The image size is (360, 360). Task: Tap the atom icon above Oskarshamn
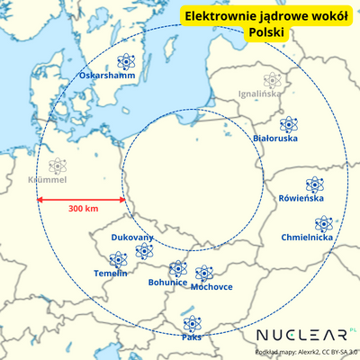point(125,62)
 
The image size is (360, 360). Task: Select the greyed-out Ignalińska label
point(259,93)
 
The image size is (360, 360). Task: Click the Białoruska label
point(275,139)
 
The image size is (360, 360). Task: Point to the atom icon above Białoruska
point(288,124)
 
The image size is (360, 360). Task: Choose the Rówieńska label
point(301,197)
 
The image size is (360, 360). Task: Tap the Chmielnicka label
point(306,238)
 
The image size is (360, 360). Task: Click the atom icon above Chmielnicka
point(323,223)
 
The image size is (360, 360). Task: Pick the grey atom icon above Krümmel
point(58,166)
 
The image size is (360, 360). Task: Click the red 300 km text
point(83,209)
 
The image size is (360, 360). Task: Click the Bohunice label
point(167,282)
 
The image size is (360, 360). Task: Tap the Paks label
point(191,337)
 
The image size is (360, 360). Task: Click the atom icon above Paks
point(191,323)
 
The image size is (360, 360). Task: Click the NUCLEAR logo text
point(301,335)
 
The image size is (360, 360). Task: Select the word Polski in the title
point(265,32)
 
